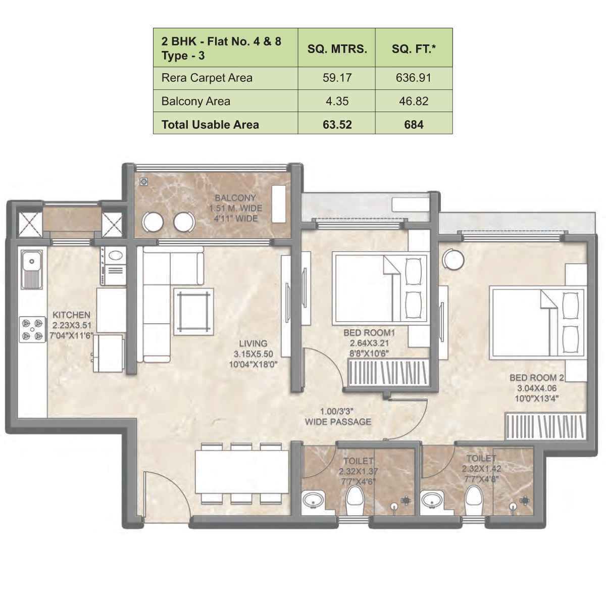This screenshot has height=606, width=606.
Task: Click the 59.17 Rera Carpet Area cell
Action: tap(337, 78)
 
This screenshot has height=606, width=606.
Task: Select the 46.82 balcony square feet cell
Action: tap(413, 101)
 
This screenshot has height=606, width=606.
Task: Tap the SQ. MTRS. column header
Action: tap(337, 49)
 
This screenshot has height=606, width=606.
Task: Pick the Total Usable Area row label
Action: tap(210, 125)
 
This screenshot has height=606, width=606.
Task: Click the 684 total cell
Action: tap(413, 125)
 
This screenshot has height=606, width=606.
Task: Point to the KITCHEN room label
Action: tap(71, 315)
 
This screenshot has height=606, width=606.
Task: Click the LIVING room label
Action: tap(253, 344)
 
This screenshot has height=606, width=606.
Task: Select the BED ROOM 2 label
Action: tap(536, 378)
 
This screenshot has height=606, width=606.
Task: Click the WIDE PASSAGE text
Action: tap(338, 422)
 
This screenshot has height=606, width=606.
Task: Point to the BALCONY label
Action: tap(235, 198)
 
